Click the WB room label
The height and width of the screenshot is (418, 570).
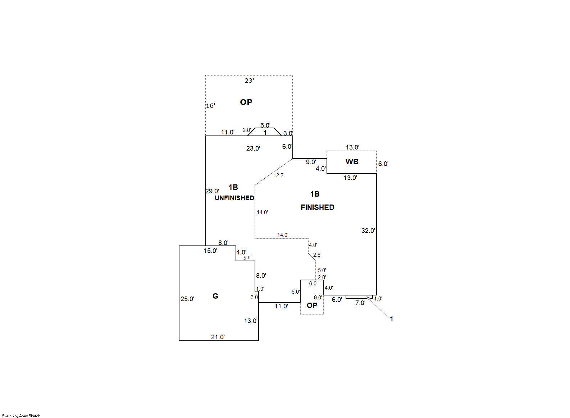[352, 162]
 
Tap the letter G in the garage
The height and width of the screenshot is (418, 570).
[215, 296]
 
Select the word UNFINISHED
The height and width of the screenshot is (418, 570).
[234, 198]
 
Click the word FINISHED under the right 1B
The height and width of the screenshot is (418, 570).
[317, 207]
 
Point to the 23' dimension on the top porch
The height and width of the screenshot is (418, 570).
[249, 81]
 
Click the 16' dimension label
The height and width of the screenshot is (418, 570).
[210, 106]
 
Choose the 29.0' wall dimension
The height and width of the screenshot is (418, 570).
[212, 191]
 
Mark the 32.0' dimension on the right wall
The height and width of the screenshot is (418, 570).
[368, 231]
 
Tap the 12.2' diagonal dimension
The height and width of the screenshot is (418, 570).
[279, 175]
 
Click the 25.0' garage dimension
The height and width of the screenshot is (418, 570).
[187, 299]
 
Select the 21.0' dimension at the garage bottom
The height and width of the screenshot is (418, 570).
[218, 337]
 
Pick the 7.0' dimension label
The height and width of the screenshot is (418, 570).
[360, 303]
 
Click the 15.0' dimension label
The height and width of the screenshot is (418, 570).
[210, 251]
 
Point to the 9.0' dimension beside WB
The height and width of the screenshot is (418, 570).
[311, 162]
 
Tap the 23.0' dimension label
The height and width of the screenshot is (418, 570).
[253, 148]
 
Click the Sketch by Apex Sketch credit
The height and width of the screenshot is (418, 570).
[21, 416]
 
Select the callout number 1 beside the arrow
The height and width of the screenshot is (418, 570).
[392, 319]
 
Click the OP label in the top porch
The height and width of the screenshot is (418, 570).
[246, 102]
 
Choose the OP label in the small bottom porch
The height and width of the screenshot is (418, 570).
[312, 306]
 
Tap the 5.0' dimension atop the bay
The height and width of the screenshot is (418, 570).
[265, 125]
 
